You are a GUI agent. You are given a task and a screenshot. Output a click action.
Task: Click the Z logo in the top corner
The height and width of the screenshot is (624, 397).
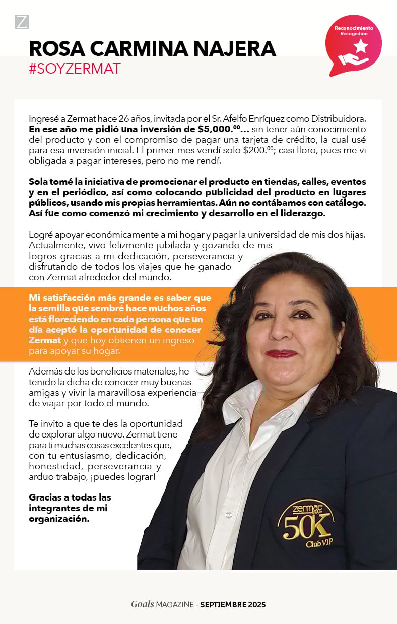click(22, 22)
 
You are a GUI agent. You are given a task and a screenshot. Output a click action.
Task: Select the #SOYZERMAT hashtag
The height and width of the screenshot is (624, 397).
click(75, 69)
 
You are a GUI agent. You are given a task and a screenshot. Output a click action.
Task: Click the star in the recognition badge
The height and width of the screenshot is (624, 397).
click(360, 47)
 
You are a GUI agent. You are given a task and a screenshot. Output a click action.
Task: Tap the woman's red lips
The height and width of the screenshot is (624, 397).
click(282, 353)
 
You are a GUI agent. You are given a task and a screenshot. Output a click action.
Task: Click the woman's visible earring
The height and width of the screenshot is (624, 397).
click(340, 347)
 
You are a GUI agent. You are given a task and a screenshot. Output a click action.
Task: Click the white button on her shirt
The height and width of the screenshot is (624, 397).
click(229, 515)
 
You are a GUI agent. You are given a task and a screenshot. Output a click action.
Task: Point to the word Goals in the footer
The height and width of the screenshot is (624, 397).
click(142, 604)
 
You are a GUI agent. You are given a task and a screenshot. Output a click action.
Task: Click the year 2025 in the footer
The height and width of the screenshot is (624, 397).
click(256, 604)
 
